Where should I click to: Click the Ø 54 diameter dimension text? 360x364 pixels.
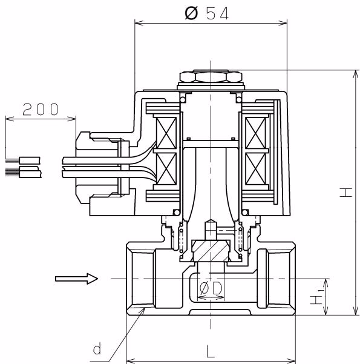(x=207, y=13)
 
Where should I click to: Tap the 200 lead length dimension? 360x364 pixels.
(x=41, y=110)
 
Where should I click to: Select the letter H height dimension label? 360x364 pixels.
(x=346, y=193)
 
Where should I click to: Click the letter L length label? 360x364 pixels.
(x=210, y=351)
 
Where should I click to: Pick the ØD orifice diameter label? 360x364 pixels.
(x=211, y=288)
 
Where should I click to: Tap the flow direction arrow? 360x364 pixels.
(x=77, y=279)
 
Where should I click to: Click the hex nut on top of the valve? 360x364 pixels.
(x=211, y=76)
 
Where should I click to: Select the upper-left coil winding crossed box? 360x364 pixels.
(x=166, y=133)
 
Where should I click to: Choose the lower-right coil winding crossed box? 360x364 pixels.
(x=255, y=168)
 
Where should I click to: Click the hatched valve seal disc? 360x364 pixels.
(x=211, y=251)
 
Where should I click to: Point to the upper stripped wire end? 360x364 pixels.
(x=22, y=160)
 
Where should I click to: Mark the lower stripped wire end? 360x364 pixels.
(x=23, y=172)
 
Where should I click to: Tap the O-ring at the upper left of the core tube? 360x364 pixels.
(x=183, y=99)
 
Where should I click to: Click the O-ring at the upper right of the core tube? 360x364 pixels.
(x=239, y=99)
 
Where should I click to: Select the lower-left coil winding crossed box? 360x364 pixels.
(x=166, y=168)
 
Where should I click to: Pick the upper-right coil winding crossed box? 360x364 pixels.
(x=255, y=133)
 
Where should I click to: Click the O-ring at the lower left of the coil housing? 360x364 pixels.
(x=177, y=212)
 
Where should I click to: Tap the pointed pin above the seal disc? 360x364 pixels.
(x=211, y=229)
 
